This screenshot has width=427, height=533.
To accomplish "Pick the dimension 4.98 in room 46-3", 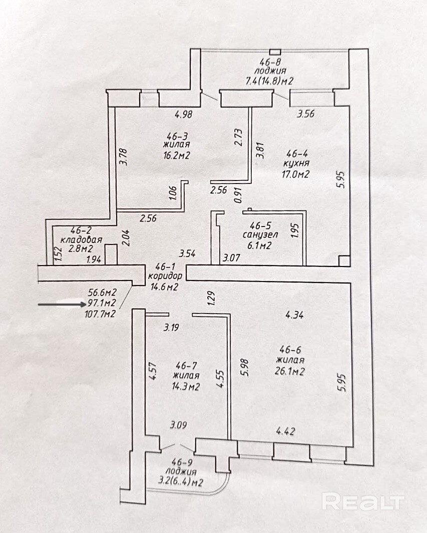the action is click(x=184, y=114).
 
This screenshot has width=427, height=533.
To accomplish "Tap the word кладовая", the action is click(x=82, y=239).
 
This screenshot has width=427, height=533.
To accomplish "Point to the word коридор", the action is click(x=162, y=277).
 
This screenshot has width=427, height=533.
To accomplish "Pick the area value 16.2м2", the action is click(x=178, y=155).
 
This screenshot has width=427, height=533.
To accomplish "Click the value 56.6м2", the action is click(x=102, y=293).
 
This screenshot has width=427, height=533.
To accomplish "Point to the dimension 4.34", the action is click(x=295, y=315).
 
